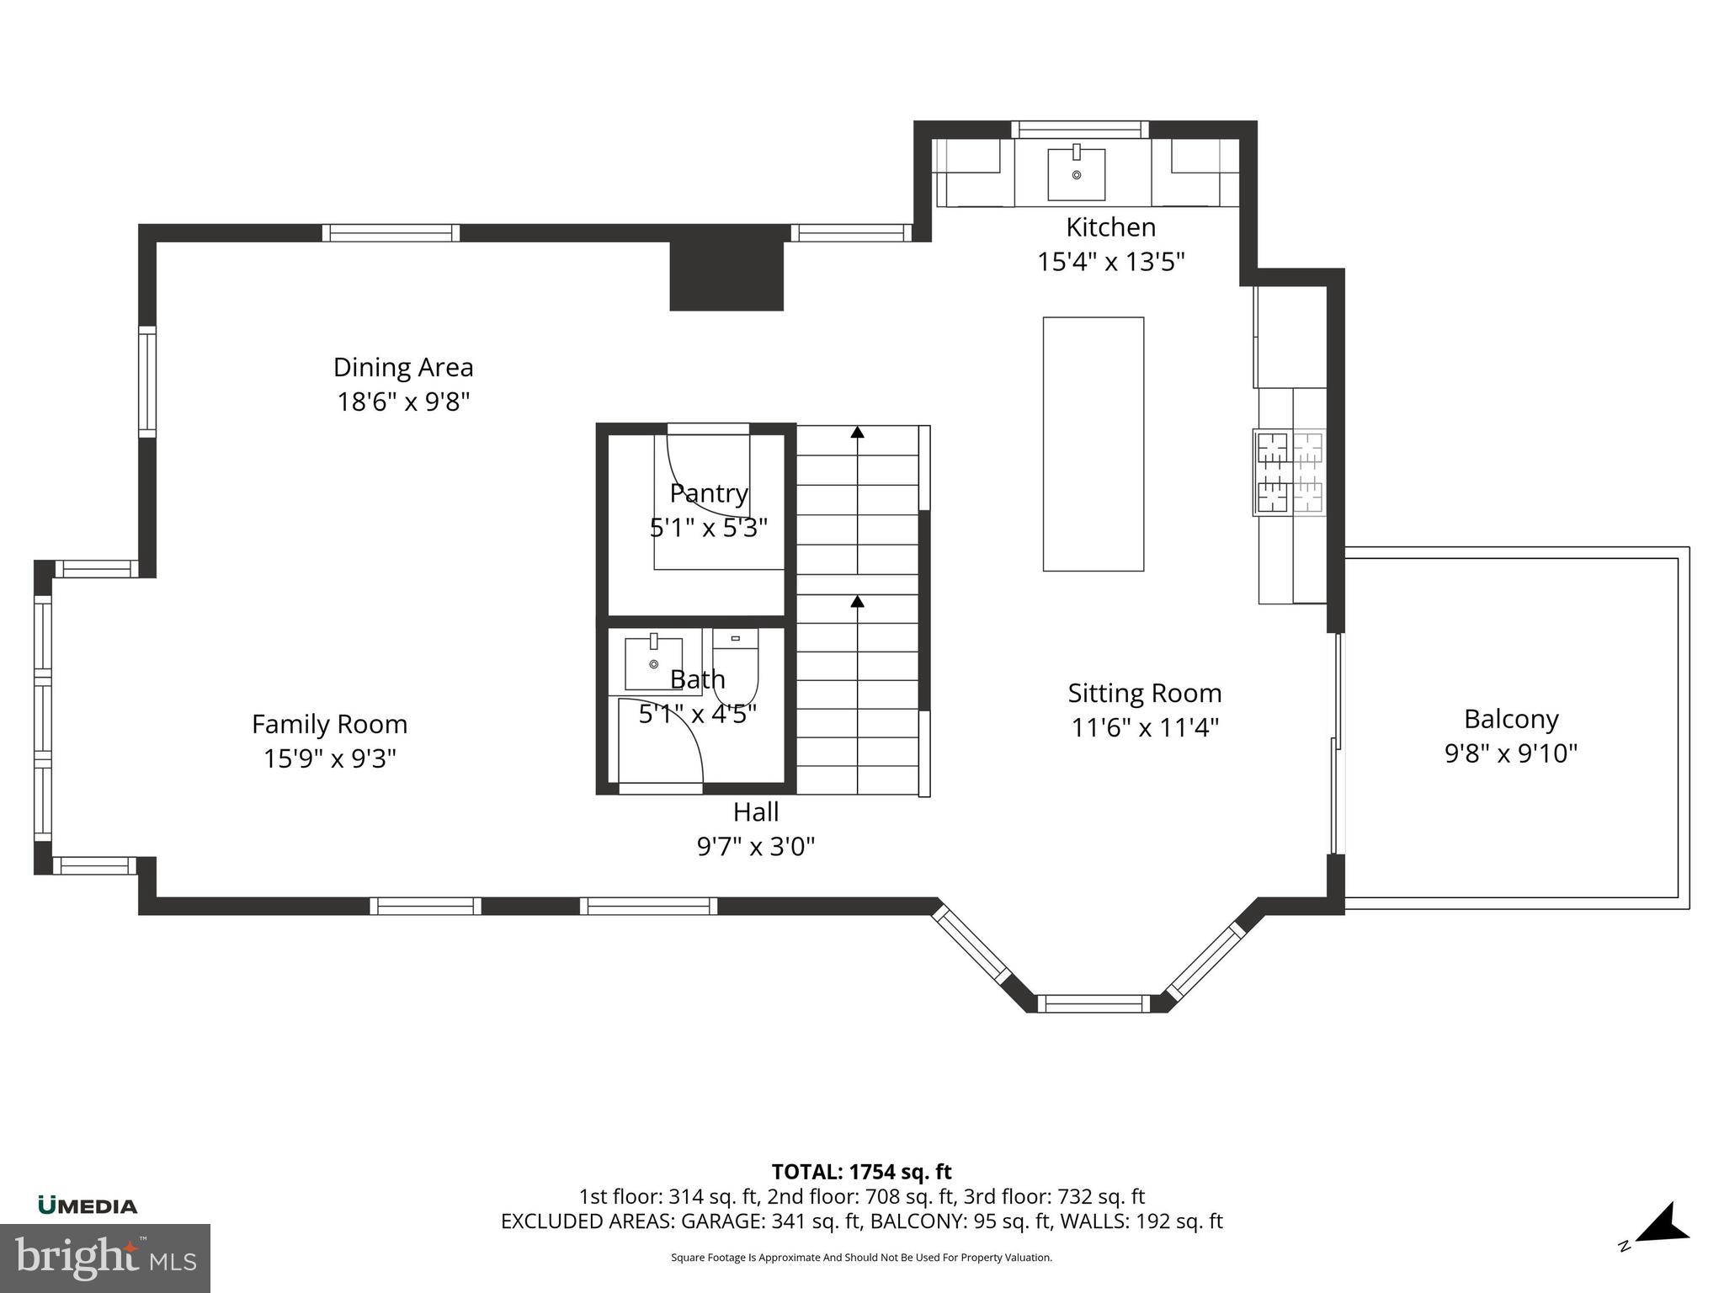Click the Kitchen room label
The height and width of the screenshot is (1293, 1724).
tap(1110, 227)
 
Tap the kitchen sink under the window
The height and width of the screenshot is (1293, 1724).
tap(1076, 173)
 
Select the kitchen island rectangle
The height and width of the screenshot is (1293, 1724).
tap(1093, 444)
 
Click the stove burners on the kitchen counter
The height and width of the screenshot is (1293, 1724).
tap(1289, 472)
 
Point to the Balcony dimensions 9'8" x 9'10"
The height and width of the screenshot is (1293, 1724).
tap(1510, 753)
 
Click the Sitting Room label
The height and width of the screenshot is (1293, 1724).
tap(1144, 693)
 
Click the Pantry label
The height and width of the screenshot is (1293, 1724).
tap(709, 493)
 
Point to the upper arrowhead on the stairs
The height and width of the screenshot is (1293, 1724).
tap(857, 433)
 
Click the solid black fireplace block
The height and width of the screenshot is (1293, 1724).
tap(726, 276)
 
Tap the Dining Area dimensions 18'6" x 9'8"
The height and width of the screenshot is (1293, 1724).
tap(403, 402)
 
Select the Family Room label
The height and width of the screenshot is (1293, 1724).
tap(329, 724)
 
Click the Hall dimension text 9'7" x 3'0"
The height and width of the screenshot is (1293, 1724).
tap(755, 846)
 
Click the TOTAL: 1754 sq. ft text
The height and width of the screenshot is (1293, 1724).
tap(861, 1172)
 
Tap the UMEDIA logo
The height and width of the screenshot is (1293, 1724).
tap(88, 1205)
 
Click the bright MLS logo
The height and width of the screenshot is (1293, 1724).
tap(104, 1258)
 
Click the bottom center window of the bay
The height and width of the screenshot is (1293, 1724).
tap(1093, 1003)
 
